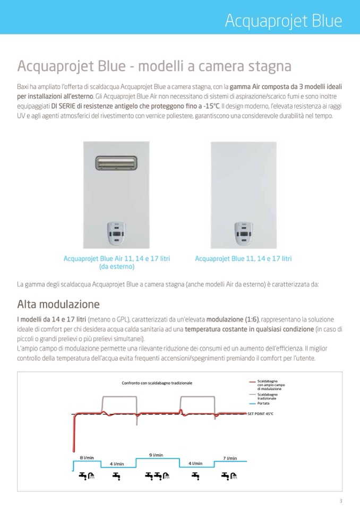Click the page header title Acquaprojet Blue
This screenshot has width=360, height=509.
pyautogui.click(x=283, y=21)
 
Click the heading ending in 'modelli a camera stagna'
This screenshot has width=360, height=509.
pyautogui.click(x=154, y=66)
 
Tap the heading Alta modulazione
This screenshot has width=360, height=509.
pyautogui.click(x=58, y=305)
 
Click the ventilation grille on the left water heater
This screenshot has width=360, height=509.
pyautogui.click(x=117, y=162)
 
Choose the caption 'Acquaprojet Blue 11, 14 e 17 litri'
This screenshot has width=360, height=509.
pyautogui.click(x=243, y=258)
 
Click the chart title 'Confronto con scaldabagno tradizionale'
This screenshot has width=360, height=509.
pyautogui.click(x=157, y=383)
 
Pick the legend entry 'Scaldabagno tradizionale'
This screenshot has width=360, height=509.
pyautogui.click(x=267, y=396)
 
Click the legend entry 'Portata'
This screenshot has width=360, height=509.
pyautogui.click(x=263, y=403)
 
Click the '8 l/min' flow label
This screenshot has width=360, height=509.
pyautogui.click(x=87, y=458)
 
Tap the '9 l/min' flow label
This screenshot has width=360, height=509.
pyautogui.click(x=156, y=455)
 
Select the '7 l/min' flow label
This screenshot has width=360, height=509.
pyautogui.click(x=230, y=458)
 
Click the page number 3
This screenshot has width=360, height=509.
pyautogui.click(x=341, y=501)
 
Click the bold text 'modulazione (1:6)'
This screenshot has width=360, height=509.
pyautogui.click(x=233, y=320)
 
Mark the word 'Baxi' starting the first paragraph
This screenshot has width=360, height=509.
pyautogui.click(x=23, y=86)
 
